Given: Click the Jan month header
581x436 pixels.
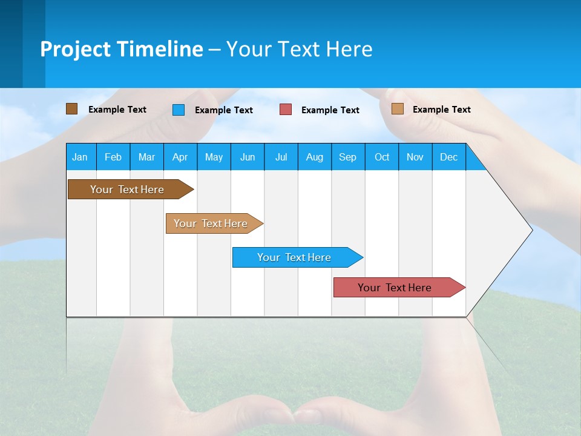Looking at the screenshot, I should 80,157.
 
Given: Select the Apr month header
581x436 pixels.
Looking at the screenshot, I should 180,157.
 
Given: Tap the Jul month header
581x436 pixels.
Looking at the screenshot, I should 281,157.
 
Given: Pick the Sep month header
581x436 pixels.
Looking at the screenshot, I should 347,157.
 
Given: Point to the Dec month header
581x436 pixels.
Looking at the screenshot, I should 448,157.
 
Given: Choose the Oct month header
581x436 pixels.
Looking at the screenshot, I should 381,157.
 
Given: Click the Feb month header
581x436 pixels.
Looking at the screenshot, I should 113,157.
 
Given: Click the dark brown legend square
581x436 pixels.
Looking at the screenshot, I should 71,109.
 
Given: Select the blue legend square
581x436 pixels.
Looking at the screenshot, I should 179,110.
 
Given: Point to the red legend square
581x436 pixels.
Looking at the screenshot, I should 286,110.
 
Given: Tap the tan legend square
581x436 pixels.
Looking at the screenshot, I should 397,109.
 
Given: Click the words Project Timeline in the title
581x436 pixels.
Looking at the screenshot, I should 121,49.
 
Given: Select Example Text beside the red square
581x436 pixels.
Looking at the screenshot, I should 330,110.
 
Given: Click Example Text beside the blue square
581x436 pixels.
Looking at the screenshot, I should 223,110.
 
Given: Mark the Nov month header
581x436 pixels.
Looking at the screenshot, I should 415,157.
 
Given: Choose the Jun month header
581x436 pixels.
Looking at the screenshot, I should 247,157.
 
